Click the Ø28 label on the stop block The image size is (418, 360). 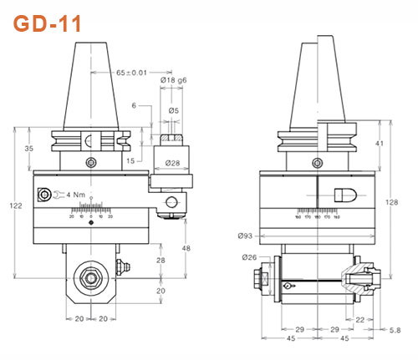click(x=174, y=160)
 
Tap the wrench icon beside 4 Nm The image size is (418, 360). click(x=60, y=195)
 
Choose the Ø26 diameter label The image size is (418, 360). click(x=248, y=256)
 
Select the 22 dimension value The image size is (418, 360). click(x=360, y=319)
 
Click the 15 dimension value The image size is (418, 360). click(x=132, y=161)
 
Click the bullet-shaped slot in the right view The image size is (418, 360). click(x=345, y=193)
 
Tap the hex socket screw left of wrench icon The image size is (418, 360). click(x=43, y=195)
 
